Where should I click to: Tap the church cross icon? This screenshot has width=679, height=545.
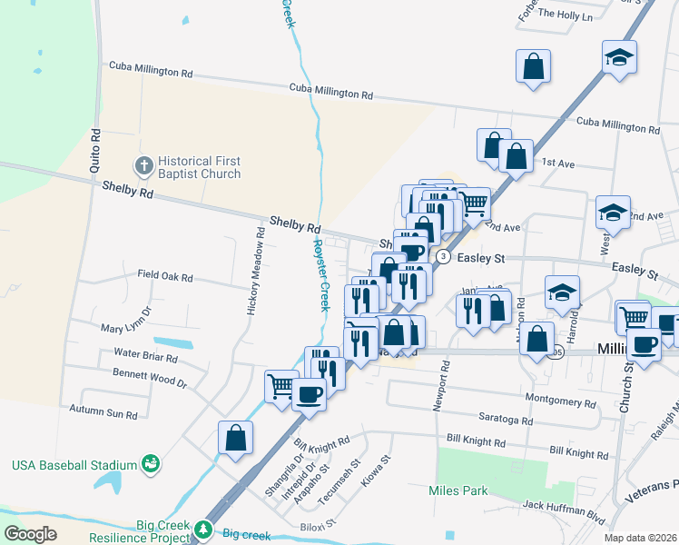pyautogui.click(x=143, y=166)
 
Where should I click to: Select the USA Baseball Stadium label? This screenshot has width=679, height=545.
pyautogui.click(x=73, y=466)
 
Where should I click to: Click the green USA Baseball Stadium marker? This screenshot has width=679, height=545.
pyautogui.click(x=151, y=465)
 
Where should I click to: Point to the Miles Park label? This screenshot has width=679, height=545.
pyautogui.click(x=458, y=490)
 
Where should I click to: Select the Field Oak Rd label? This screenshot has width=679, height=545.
pyautogui.click(x=165, y=275)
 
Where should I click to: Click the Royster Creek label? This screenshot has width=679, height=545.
pyautogui.click(x=320, y=273)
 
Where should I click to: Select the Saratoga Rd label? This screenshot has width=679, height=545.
pyautogui.click(x=501, y=421)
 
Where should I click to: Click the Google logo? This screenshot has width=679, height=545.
pyautogui.click(x=31, y=533)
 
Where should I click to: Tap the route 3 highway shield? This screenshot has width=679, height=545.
pyautogui.click(x=443, y=257)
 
